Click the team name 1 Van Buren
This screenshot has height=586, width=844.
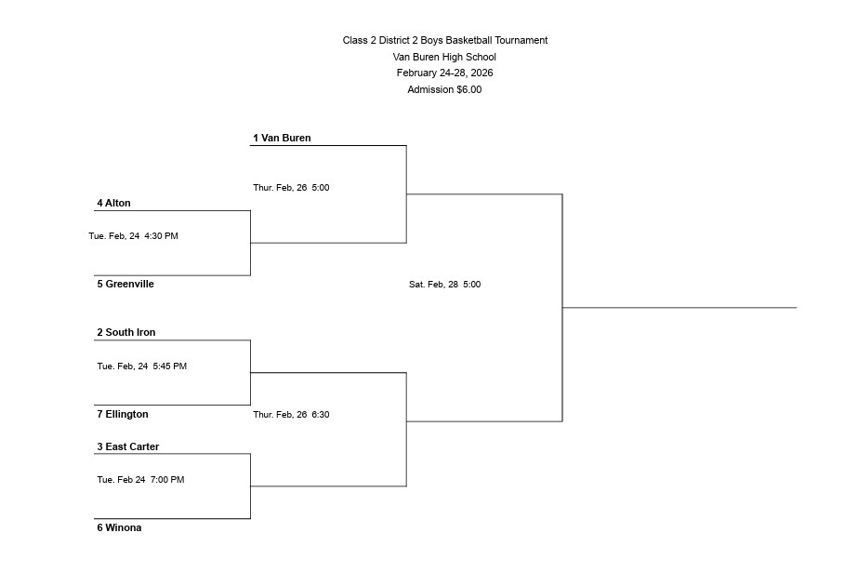(x=282, y=138)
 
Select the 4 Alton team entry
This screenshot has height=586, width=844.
(x=113, y=203)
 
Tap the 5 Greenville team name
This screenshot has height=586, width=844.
(x=125, y=284)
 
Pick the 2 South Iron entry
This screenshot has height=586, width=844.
(x=126, y=332)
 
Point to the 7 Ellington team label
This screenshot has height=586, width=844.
(x=123, y=414)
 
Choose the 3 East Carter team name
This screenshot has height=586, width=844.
(x=128, y=446)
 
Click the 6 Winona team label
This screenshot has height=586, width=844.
(x=119, y=527)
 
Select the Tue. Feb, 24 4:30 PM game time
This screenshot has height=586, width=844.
(x=133, y=236)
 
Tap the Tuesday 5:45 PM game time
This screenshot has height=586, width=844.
(x=141, y=366)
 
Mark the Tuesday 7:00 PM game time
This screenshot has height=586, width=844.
(x=140, y=480)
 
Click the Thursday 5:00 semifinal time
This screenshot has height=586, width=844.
(x=291, y=188)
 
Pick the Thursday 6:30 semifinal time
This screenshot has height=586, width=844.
(x=291, y=415)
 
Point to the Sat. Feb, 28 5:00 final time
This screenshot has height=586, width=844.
(x=444, y=285)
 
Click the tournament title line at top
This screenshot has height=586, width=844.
(x=444, y=40)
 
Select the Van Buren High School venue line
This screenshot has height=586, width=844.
(x=444, y=57)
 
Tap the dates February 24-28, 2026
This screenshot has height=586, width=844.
(x=444, y=73)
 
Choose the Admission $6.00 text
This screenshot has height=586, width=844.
(x=444, y=89)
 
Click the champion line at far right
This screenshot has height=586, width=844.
(x=679, y=307)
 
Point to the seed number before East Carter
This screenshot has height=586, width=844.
(x=100, y=446)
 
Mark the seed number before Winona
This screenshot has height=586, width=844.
(x=100, y=527)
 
